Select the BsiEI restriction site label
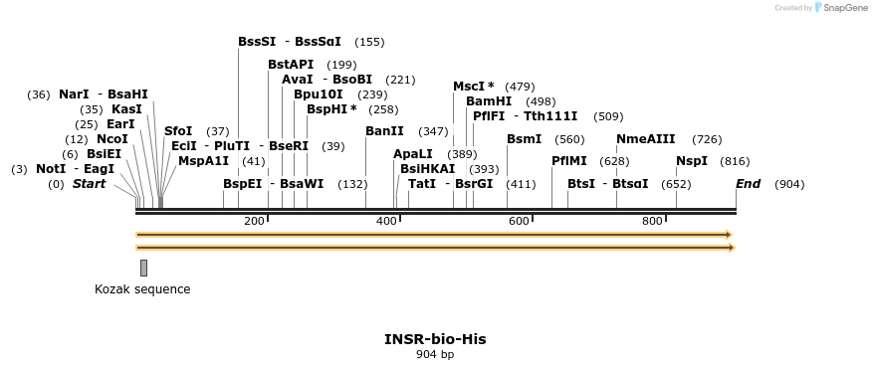pyautogui.click(x=104, y=154)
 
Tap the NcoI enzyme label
pyautogui.click(x=111, y=139)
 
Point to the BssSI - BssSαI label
pyautogui.click(x=290, y=42)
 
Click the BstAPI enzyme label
pyautogui.click(x=291, y=65)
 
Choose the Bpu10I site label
pyautogui.click(x=318, y=94)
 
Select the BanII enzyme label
pyautogui.click(x=384, y=131)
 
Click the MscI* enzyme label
pyautogui.click(x=474, y=87)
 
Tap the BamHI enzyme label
pyautogui.click(x=489, y=101)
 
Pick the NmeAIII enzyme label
pyautogui.click(x=646, y=139)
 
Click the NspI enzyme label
pyautogui.click(x=692, y=161)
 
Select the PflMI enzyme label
pyautogui.click(x=570, y=161)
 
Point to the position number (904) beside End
pyautogui.click(x=789, y=184)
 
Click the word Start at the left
pyautogui.click(x=89, y=184)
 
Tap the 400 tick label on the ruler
pyautogui.click(x=386, y=221)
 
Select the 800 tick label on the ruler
pyautogui.click(x=652, y=221)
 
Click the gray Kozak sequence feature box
pyautogui.click(x=143, y=267)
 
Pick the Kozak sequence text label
pyautogui.click(x=142, y=289)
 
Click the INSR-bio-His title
pyautogui.click(x=435, y=339)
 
